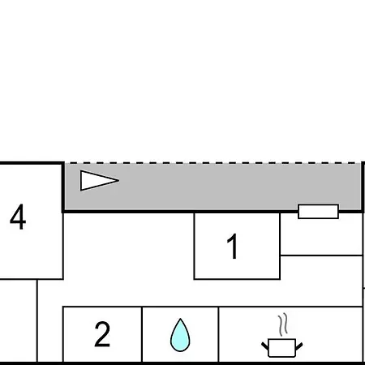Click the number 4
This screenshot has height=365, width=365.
(x=18, y=217)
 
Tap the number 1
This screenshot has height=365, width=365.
(x=233, y=247)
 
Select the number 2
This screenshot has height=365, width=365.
(x=102, y=334)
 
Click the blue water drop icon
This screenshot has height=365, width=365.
(x=180, y=335)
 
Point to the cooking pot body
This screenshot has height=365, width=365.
(x=281, y=348)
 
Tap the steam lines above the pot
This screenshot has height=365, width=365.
(x=282, y=324)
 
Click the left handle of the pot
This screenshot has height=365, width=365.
(x=265, y=346)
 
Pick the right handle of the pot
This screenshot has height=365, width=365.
(x=298, y=346)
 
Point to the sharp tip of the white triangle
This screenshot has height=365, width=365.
(x=119, y=180)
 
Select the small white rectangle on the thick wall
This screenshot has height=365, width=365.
(x=318, y=212)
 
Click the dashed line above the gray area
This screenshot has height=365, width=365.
(x=213, y=163)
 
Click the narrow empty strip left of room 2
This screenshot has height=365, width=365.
(x=50, y=320)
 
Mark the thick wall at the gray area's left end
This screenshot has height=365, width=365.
(x=63, y=187)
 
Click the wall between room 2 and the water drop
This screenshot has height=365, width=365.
(x=142, y=334)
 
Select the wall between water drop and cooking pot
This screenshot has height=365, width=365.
(x=218, y=334)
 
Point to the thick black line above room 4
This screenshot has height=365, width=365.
(x=32, y=163)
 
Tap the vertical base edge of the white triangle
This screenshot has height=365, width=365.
(x=80, y=181)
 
